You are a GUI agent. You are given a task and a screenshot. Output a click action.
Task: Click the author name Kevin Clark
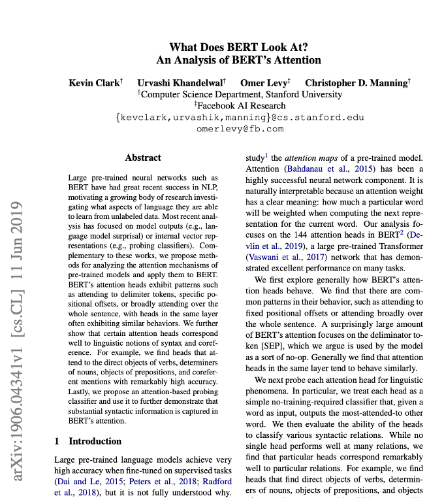coord(95,83)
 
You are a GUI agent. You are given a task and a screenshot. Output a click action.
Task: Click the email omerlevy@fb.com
coord(240,129)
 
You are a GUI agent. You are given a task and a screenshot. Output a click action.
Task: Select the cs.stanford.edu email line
coord(240,117)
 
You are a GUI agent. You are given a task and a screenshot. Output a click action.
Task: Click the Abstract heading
coord(143,158)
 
